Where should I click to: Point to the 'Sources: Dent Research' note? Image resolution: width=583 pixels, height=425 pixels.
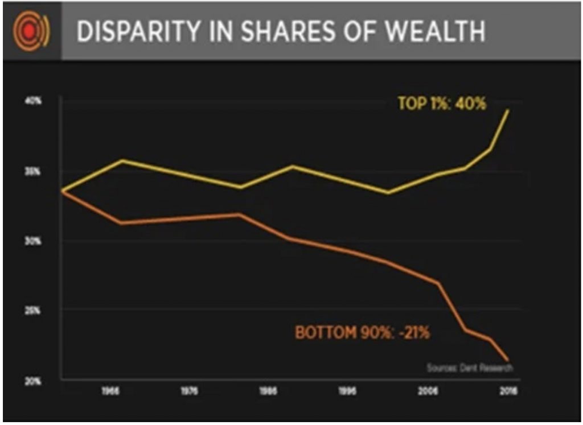(x=470, y=368)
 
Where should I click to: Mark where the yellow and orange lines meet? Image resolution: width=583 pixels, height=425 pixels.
(x=61, y=191)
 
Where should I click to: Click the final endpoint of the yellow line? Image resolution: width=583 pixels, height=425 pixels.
(x=508, y=110)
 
